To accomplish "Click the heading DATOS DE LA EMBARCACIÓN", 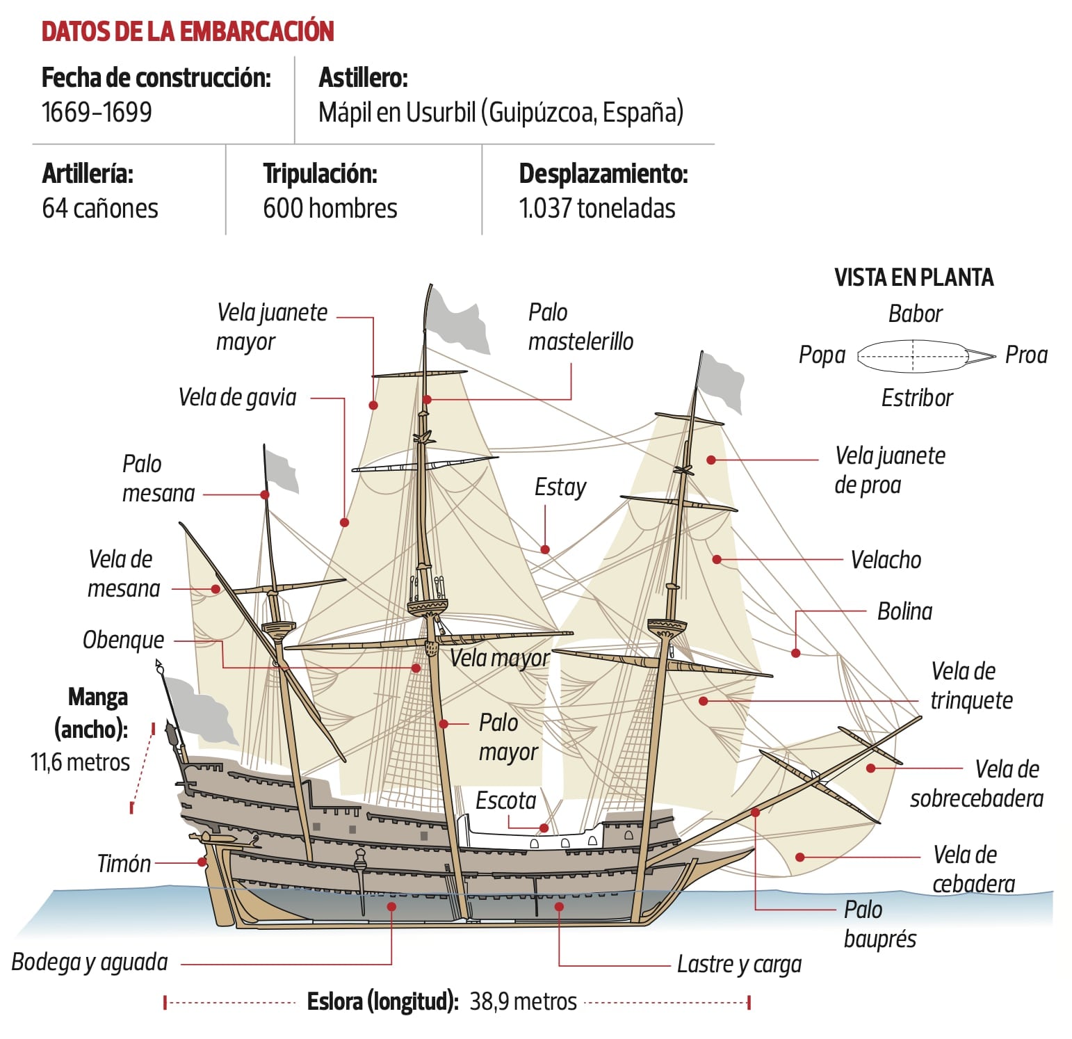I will click(188, 32).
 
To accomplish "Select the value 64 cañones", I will click(100, 209).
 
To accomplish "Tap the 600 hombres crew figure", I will click(330, 209).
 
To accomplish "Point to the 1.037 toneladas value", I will click(596, 209).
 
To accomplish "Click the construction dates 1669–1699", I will click(97, 112).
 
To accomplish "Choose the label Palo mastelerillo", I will click(580, 327).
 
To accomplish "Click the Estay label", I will click(560, 487).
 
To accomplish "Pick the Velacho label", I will click(886, 560).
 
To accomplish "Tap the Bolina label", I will click(904, 611).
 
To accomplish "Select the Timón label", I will click(124, 864).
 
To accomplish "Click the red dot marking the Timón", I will click(202, 862).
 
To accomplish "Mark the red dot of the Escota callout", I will click(544, 828).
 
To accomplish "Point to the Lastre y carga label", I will click(739, 965).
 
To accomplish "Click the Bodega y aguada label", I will click(90, 963).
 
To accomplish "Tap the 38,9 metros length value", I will click(523, 1001).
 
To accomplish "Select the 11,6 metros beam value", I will click(80, 762).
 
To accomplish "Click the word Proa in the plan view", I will click(1026, 355).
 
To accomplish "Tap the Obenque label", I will click(123, 640).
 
